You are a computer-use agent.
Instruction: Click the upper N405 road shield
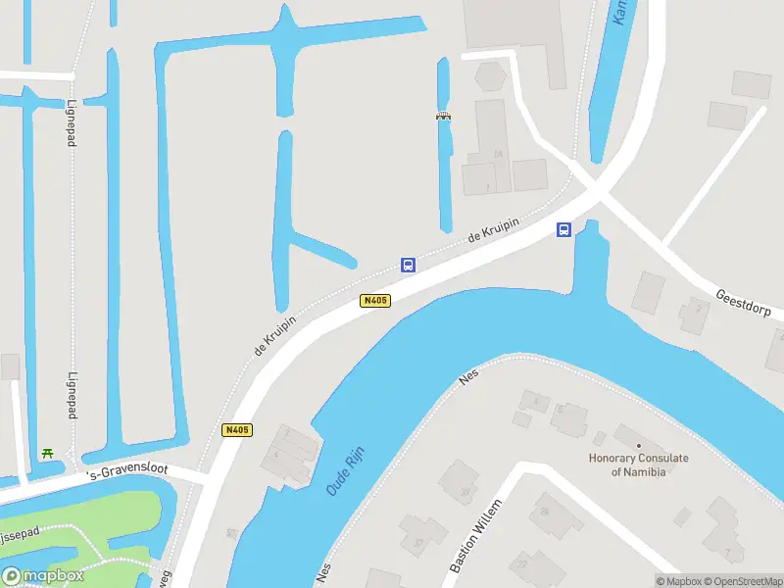[375, 301]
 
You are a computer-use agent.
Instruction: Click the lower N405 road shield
[237, 430]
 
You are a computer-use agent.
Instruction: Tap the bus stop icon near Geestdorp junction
[564, 229]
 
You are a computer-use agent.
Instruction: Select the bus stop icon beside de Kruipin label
[408, 265]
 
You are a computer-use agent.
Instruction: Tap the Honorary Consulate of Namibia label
[638, 465]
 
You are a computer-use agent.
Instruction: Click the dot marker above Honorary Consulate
[638, 446]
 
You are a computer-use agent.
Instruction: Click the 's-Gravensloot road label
[128, 473]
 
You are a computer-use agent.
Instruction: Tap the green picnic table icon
[46, 453]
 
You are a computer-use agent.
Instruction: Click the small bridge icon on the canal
[443, 117]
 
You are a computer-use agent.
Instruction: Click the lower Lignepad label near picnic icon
[72, 395]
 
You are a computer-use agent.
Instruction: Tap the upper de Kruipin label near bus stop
[492, 229]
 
